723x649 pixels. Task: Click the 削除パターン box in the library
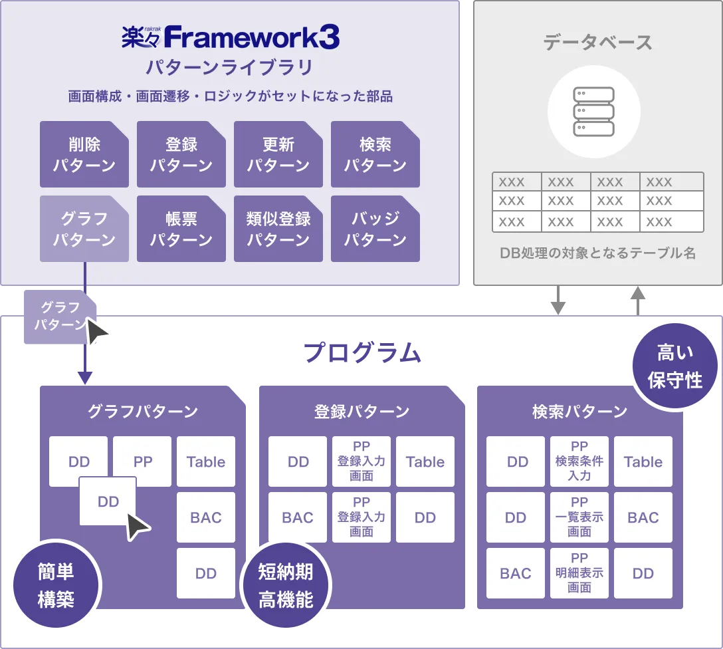coord(84,154)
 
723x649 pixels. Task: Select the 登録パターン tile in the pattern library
coord(181,154)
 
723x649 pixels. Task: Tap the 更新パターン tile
coord(278,154)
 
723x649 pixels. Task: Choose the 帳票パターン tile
coord(181,229)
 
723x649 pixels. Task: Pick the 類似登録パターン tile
coord(278,229)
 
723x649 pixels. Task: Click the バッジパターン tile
coord(375,229)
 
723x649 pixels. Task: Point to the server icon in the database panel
coord(593,111)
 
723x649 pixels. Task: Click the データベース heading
coord(597,43)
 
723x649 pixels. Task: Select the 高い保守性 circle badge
coord(674,365)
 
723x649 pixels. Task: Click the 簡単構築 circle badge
coord(56,585)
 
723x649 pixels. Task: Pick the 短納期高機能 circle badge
coord(285,585)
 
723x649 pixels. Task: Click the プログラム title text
coord(362,354)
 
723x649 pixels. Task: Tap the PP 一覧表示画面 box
coord(579,517)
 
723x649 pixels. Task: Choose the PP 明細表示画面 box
coord(579,573)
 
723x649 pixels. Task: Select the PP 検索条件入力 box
coord(579,461)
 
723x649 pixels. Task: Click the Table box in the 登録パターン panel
coord(425,461)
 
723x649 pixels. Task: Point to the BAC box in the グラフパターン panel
coord(206,517)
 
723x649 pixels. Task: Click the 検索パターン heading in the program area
coord(579,412)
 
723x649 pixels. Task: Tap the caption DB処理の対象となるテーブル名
coord(597,253)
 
